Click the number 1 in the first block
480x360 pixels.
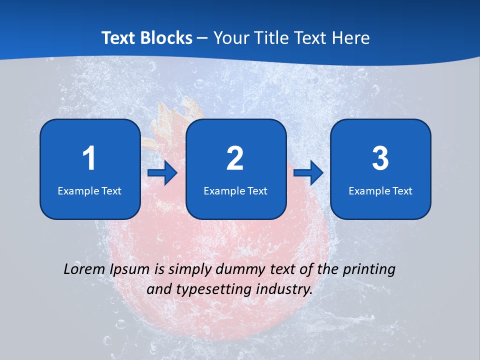89,158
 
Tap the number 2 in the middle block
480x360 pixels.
235,158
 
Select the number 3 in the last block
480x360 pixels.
380,158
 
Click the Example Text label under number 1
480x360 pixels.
89,190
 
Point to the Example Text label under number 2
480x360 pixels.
235,190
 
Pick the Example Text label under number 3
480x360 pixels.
380,190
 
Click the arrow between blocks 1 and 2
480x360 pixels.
163,173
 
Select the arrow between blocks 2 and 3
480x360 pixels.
308,173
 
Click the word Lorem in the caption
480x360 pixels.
82,269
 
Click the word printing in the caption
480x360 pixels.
368,270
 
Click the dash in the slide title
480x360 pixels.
203,38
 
